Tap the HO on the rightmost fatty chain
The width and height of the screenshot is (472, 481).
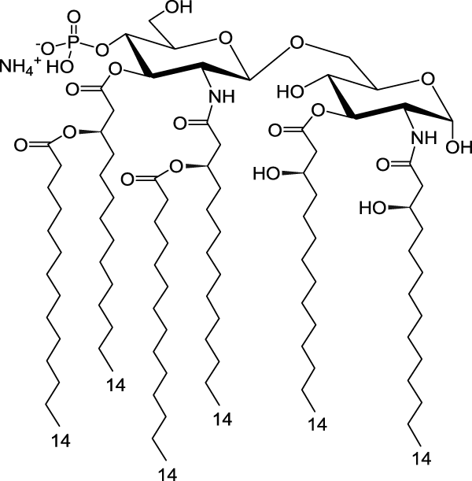(373, 208)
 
